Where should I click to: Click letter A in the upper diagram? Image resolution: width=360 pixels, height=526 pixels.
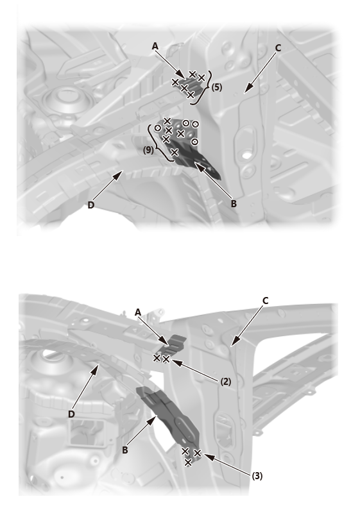coord(155,46)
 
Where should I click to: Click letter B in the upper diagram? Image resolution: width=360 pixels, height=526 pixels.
coord(234,203)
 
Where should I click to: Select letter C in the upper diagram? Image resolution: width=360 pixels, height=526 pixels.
coord(278,48)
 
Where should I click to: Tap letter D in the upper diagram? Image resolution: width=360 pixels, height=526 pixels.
coord(90,205)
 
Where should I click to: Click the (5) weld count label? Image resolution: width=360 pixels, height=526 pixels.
coord(217,87)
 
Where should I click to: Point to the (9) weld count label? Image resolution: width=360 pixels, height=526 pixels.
coord(148,150)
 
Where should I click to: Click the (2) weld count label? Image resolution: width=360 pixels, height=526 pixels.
coord(225,382)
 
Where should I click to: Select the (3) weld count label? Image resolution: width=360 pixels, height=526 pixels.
coord(257,476)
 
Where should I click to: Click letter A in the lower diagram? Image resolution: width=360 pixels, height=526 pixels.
coord(137,312)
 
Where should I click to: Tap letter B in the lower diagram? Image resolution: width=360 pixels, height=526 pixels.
coord(124,450)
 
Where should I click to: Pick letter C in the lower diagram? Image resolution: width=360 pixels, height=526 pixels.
coord(265,301)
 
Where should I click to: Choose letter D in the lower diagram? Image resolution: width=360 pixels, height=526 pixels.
coord(71,414)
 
